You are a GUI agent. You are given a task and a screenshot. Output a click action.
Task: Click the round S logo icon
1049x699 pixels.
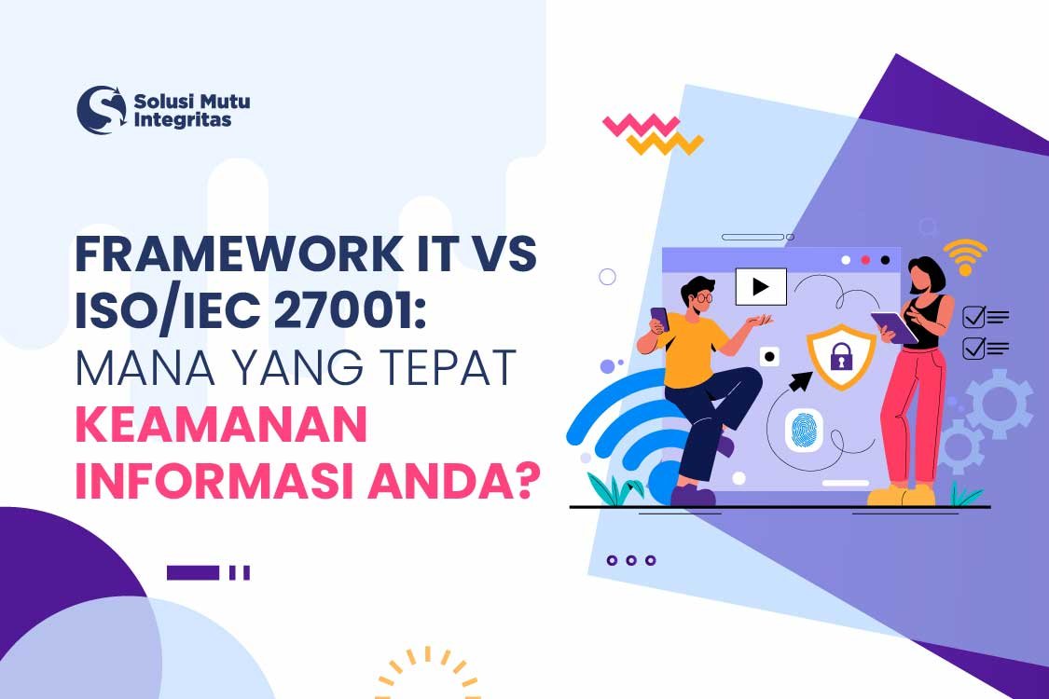click(x=101, y=110)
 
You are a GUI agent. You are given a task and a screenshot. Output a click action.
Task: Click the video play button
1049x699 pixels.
click(x=761, y=286)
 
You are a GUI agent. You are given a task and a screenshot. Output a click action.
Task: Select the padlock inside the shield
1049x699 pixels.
click(x=841, y=356)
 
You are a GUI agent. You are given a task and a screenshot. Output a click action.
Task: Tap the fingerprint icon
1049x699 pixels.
click(x=803, y=432)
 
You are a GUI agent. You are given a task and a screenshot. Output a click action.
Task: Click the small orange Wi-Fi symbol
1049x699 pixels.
click(x=964, y=254)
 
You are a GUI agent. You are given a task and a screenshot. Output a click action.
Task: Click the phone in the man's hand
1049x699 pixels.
click(x=659, y=319)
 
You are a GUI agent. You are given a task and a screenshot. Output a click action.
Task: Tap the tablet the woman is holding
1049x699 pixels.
click(x=892, y=326)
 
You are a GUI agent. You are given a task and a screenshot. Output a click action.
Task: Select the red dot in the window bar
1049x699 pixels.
click(x=864, y=260)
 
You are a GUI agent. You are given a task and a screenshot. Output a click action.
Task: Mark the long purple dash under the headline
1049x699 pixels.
click(x=193, y=572)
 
